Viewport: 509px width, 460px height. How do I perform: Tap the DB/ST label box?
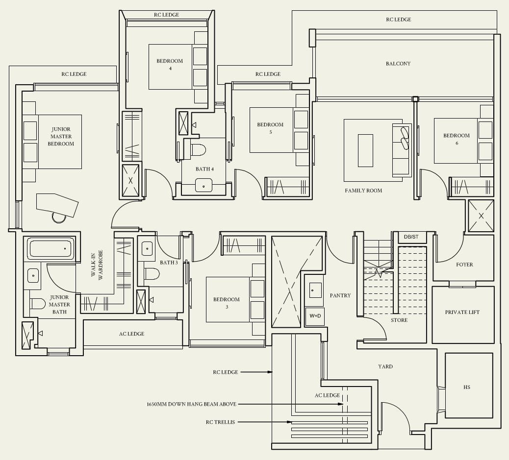tap(411, 237)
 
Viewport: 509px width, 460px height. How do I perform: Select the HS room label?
tap(467, 387)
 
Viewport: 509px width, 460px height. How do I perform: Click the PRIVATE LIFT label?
tap(462, 312)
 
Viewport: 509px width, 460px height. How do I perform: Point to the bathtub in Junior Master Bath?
tap(52, 249)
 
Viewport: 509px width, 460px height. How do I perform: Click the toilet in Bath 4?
tap(198, 150)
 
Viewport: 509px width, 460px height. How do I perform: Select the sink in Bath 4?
tap(204, 185)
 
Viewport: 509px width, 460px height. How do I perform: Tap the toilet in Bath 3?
tap(152, 274)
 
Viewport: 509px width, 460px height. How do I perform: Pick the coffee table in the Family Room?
tap(365, 150)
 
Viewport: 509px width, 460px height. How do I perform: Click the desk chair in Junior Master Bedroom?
tap(59, 218)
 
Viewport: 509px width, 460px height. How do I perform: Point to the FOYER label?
tap(464, 265)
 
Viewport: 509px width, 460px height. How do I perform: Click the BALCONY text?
tap(398, 64)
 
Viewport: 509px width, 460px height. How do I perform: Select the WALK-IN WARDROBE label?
tap(97, 265)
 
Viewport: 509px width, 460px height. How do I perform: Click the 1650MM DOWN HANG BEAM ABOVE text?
tap(192, 404)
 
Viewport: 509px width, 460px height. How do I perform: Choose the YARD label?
tap(385, 366)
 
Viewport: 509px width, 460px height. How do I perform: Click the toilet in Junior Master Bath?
tap(37, 304)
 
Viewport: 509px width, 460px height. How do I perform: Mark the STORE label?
tap(399, 320)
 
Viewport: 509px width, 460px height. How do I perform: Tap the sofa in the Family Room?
tap(402, 150)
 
